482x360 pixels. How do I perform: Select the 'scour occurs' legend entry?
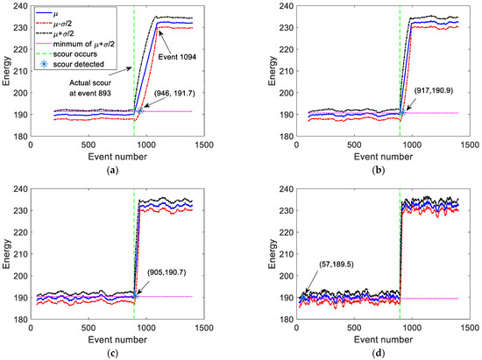coord(74,54)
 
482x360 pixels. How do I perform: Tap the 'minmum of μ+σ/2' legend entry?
coord(85,44)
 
